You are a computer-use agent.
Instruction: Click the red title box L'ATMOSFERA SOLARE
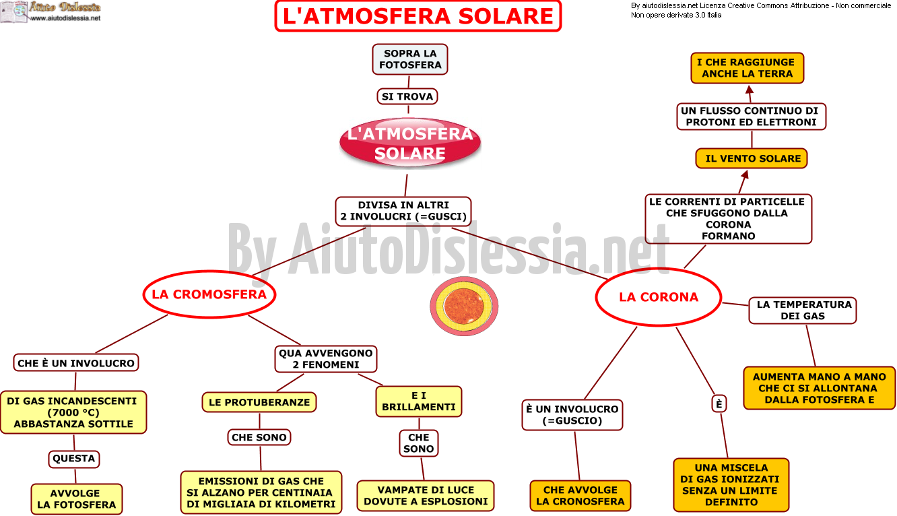click(418, 16)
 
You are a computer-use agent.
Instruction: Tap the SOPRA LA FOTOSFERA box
click(410, 59)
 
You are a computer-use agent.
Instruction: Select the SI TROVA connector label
click(407, 96)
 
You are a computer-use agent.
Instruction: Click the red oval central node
click(410, 143)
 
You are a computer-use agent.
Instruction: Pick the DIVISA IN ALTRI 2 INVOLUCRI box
click(403, 211)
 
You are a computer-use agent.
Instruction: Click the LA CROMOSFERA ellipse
click(209, 294)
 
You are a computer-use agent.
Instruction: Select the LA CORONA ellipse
click(659, 297)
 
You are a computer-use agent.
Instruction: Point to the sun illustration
click(464, 307)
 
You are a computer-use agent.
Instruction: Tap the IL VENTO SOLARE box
click(752, 159)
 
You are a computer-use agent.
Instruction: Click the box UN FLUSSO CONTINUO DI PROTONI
click(752, 117)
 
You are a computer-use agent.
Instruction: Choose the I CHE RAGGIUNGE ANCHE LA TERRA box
click(747, 68)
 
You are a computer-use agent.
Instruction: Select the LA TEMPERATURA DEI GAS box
click(803, 311)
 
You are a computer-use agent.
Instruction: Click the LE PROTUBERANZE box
click(259, 402)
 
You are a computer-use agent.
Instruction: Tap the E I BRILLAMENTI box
click(419, 401)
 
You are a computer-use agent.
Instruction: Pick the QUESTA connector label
click(73, 459)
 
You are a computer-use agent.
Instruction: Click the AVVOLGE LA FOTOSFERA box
click(77, 499)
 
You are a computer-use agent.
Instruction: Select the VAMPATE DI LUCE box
click(426, 496)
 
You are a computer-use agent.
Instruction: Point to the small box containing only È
click(719, 404)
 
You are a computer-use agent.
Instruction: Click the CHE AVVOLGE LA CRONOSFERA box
click(580, 496)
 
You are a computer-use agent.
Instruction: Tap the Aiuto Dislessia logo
click(51, 12)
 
